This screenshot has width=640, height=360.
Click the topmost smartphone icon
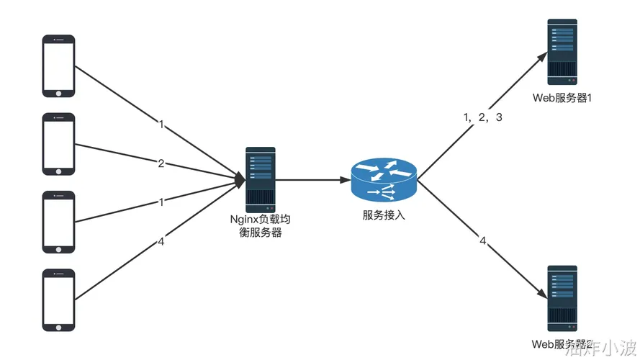coord(58,66)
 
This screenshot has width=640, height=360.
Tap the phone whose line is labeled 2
coord(58,144)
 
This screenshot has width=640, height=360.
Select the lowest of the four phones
coord(58,300)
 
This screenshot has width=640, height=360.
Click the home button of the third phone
coord(58,248)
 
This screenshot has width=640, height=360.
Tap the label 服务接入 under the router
coord(384,215)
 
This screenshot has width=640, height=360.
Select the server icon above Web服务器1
coord(562,53)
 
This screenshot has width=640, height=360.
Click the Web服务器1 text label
coord(562,98)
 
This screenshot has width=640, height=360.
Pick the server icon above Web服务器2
coord(562,298)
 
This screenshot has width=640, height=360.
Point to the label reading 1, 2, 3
coord(482,117)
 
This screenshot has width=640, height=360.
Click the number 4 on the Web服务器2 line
coord(483,240)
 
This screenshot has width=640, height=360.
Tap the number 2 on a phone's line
coord(161,163)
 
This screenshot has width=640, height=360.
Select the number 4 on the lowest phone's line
coord(161,242)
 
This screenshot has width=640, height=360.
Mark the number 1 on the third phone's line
coord(161,202)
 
